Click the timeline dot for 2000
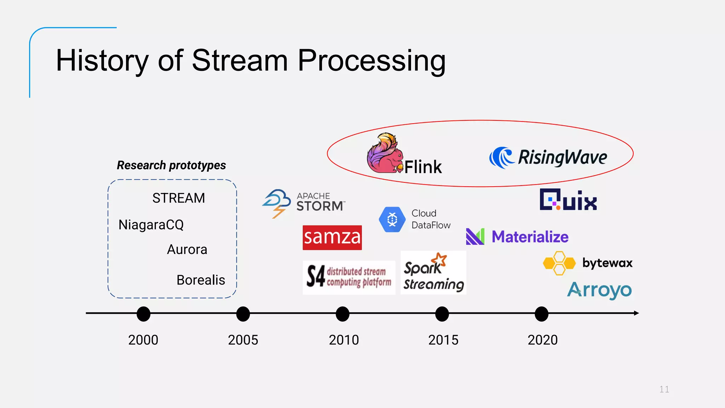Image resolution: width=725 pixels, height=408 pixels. (143, 314)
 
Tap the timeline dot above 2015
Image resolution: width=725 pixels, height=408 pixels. (442, 314)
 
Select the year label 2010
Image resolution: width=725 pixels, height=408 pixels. (343, 340)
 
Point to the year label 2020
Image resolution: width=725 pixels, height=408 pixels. (542, 340)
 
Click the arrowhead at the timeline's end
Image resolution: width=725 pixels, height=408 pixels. (636, 313)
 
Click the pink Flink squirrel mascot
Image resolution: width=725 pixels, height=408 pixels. (384, 154)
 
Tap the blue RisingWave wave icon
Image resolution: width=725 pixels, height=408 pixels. (501, 157)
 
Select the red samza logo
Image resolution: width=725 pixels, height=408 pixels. (332, 237)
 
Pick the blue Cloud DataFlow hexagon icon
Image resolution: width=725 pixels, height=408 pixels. (392, 220)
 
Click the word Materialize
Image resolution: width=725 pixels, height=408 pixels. (530, 237)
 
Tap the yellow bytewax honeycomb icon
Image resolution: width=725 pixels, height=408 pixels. (559, 263)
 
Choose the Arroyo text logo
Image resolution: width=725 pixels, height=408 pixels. (599, 290)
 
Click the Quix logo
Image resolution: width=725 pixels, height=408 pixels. (568, 200)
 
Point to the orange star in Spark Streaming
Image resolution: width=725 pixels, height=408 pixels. (440, 260)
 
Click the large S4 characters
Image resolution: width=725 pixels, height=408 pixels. (315, 276)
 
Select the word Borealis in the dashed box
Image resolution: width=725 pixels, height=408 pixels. (201, 280)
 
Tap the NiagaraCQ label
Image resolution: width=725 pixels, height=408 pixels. (151, 225)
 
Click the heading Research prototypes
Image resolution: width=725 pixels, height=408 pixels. (171, 165)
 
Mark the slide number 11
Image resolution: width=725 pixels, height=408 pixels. (664, 389)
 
